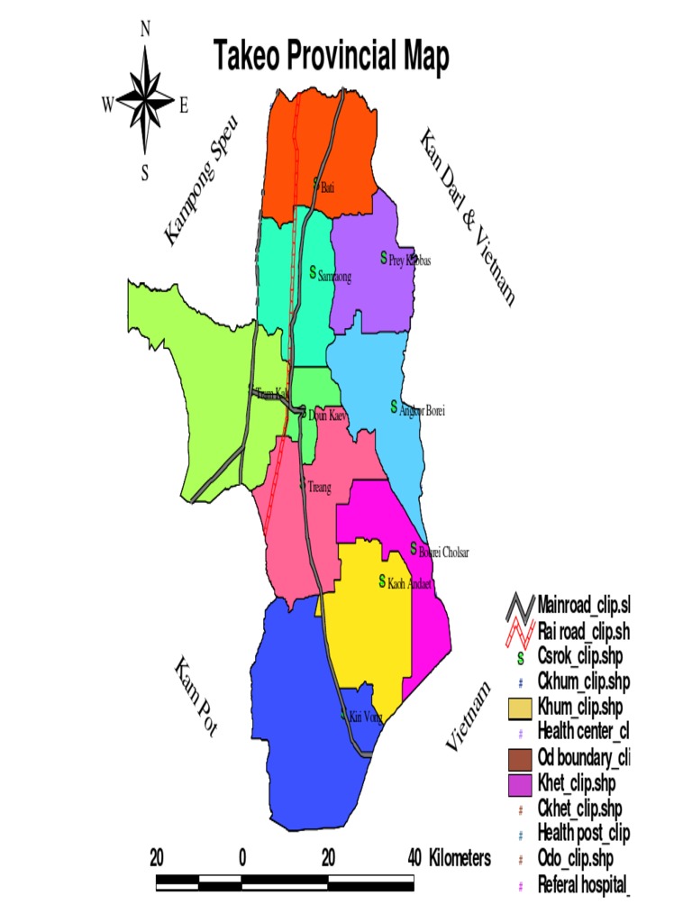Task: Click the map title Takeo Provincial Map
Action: (x=331, y=57)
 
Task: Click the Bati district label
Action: (x=327, y=187)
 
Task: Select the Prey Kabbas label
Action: (x=410, y=260)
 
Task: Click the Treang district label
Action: (x=319, y=488)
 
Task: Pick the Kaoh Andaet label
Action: (x=411, y=584)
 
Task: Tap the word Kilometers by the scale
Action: (x=460, y=857)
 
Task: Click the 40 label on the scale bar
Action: (x=414, y=856)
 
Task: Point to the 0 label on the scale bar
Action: (x=242, y=856)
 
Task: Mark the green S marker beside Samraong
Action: (x=313, y=271)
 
